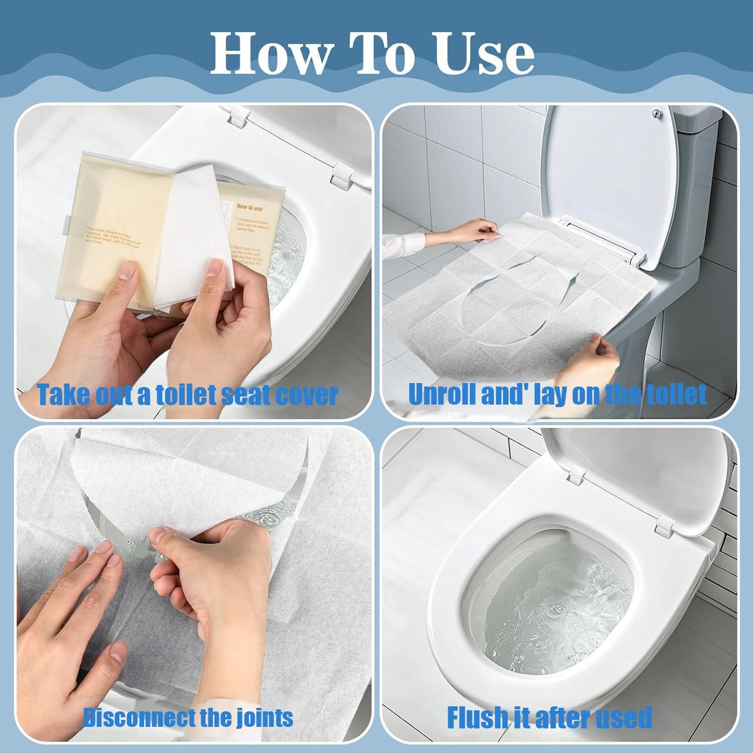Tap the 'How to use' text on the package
click(x=249, y=207)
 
